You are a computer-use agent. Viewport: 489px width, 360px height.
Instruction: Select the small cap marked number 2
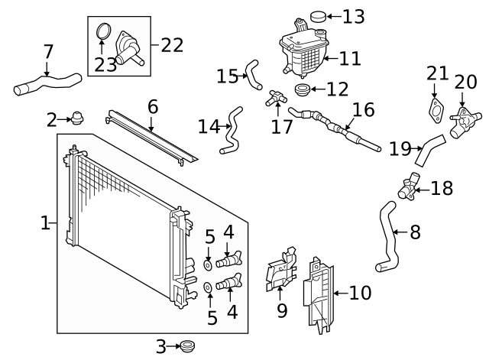pyautogui.click(x=76, y=118)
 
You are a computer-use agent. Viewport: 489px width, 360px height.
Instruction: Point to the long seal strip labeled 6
pyautogui.click(x=151, y=138)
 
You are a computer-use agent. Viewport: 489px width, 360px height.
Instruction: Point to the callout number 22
pyautogui.click(x=172, y=44)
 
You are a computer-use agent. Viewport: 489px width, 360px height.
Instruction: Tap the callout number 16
pyautogui.click(x=363, y=109)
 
